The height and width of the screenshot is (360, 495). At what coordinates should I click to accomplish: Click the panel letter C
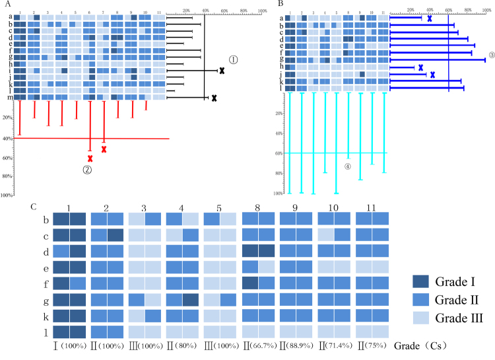[x=34, y=206]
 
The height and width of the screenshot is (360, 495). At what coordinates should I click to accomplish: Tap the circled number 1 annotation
[x=234, y=59]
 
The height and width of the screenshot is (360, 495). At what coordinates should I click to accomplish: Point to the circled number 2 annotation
[x=86, y=170]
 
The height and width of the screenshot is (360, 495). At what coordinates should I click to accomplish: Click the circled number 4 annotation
[x=348, y=166]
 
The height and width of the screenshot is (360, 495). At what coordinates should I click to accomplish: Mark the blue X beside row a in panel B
[x=430, y=18]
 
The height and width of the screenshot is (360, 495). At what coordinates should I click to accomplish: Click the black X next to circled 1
[x=222, y=70]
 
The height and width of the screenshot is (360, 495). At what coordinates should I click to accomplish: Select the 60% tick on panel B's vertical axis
[x=279, y=153]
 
